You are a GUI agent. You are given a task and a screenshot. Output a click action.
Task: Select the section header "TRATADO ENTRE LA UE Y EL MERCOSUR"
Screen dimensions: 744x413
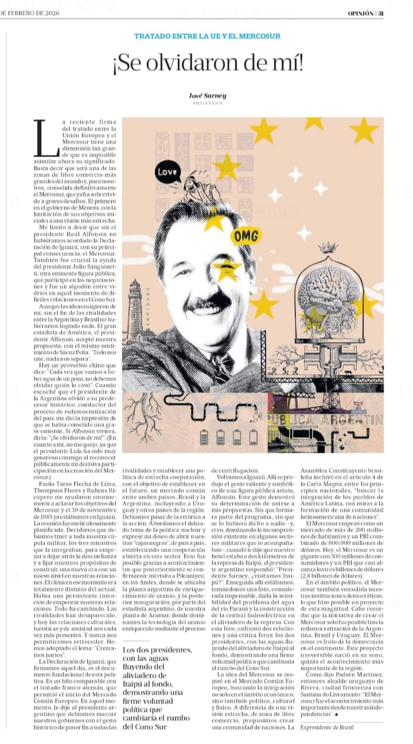pos(207,36)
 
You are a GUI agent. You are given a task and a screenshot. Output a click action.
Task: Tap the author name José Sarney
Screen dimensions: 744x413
pos(207,96)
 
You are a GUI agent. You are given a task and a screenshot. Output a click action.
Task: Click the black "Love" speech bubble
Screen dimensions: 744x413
pos(167,172)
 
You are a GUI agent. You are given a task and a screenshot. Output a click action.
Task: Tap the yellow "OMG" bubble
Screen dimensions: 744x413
pos(247,236)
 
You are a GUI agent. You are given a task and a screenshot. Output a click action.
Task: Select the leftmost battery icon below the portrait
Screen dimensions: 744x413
pos(204,437)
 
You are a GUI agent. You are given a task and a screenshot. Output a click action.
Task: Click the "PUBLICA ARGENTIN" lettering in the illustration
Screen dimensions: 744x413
pos(325,420)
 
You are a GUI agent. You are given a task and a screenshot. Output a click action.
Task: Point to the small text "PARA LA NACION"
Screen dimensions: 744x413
pos(207,103)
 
